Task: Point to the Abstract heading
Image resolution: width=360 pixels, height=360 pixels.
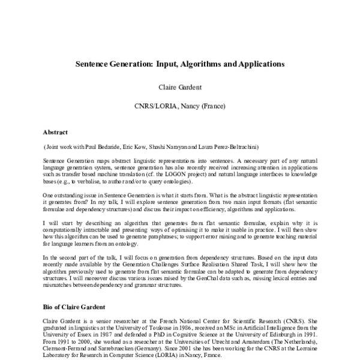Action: tap(55, 132)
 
